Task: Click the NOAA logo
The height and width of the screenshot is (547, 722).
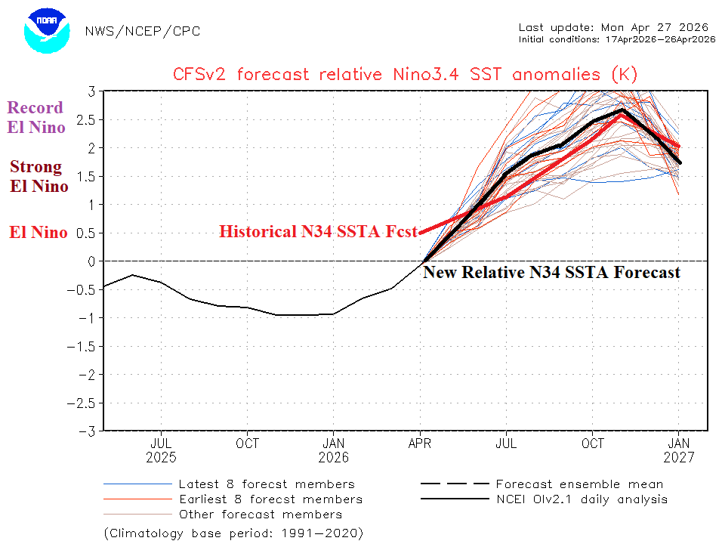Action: tap(47, 31)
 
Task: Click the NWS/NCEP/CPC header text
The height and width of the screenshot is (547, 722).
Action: tap(143, 31)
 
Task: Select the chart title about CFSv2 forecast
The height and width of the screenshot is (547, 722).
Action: tap(406, 74)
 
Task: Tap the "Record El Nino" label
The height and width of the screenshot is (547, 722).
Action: tap(36, 117)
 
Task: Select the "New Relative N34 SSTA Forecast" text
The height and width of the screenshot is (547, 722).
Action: tap(551, 272)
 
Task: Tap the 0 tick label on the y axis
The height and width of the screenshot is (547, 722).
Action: tap(89, 261)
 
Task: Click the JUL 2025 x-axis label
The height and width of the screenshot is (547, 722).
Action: tap(162, 450)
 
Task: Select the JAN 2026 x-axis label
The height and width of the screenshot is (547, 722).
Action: tap(334, 450)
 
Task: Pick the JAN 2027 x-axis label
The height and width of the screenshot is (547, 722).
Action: tap(678, 450)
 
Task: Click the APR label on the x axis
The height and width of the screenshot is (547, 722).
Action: tap(420, 443)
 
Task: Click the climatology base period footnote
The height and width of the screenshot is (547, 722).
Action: tap(234, 533)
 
